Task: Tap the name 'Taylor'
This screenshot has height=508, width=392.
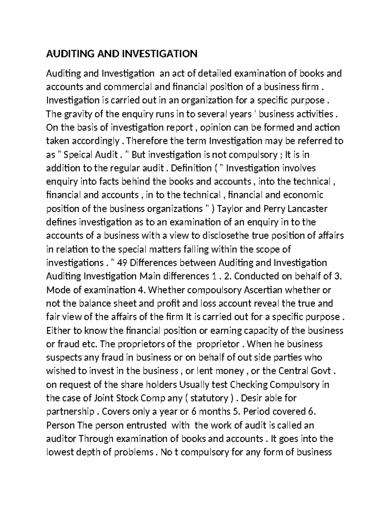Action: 235,208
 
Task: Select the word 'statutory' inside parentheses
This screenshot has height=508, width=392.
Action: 209,398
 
